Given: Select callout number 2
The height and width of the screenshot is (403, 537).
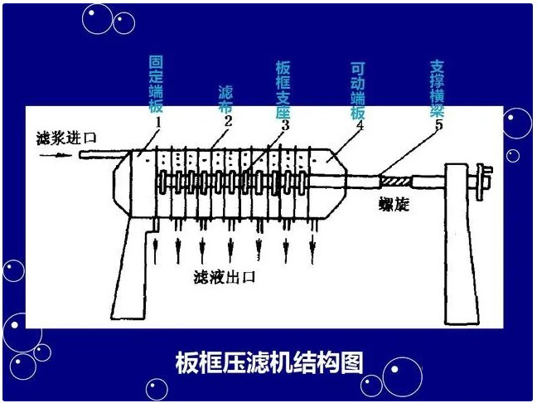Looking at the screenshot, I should click(x=227, y=123).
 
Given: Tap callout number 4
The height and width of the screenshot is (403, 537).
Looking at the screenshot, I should click(x=360, y=125).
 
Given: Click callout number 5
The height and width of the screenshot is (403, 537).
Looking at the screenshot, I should click(x=438, y=125).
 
